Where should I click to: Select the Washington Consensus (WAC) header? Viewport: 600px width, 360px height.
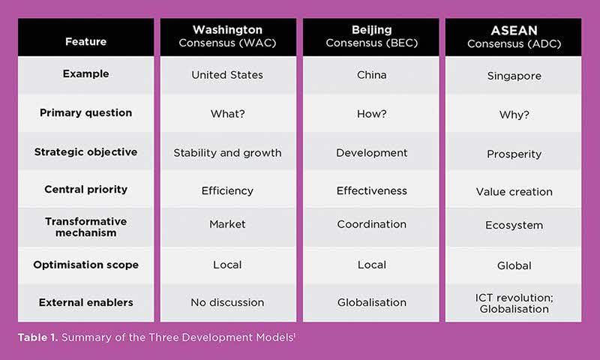pos(228,36)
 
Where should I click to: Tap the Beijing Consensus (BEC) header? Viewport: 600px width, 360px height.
pos(371,36)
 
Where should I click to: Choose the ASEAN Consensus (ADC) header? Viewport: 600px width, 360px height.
pos(514,37)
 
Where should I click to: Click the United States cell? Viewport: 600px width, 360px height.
pos(227,75)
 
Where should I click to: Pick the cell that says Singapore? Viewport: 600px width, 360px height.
pos(514,76)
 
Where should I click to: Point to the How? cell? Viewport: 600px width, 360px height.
pos(371,113)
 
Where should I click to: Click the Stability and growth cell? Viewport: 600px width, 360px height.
pos(227,153)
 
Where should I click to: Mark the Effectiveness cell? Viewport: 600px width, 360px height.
pos(371,190)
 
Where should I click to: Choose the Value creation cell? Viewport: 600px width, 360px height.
pos(514,191)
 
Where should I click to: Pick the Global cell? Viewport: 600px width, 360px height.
pos(514,265)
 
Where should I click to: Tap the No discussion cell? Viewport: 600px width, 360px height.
pos(227,302)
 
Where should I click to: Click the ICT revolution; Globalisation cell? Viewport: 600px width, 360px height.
pos(514,303)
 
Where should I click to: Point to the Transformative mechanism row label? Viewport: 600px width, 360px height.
pos(85,226)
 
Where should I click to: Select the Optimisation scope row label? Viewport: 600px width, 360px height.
pos(85,265)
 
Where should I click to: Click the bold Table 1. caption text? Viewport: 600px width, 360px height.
pos(37,337)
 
